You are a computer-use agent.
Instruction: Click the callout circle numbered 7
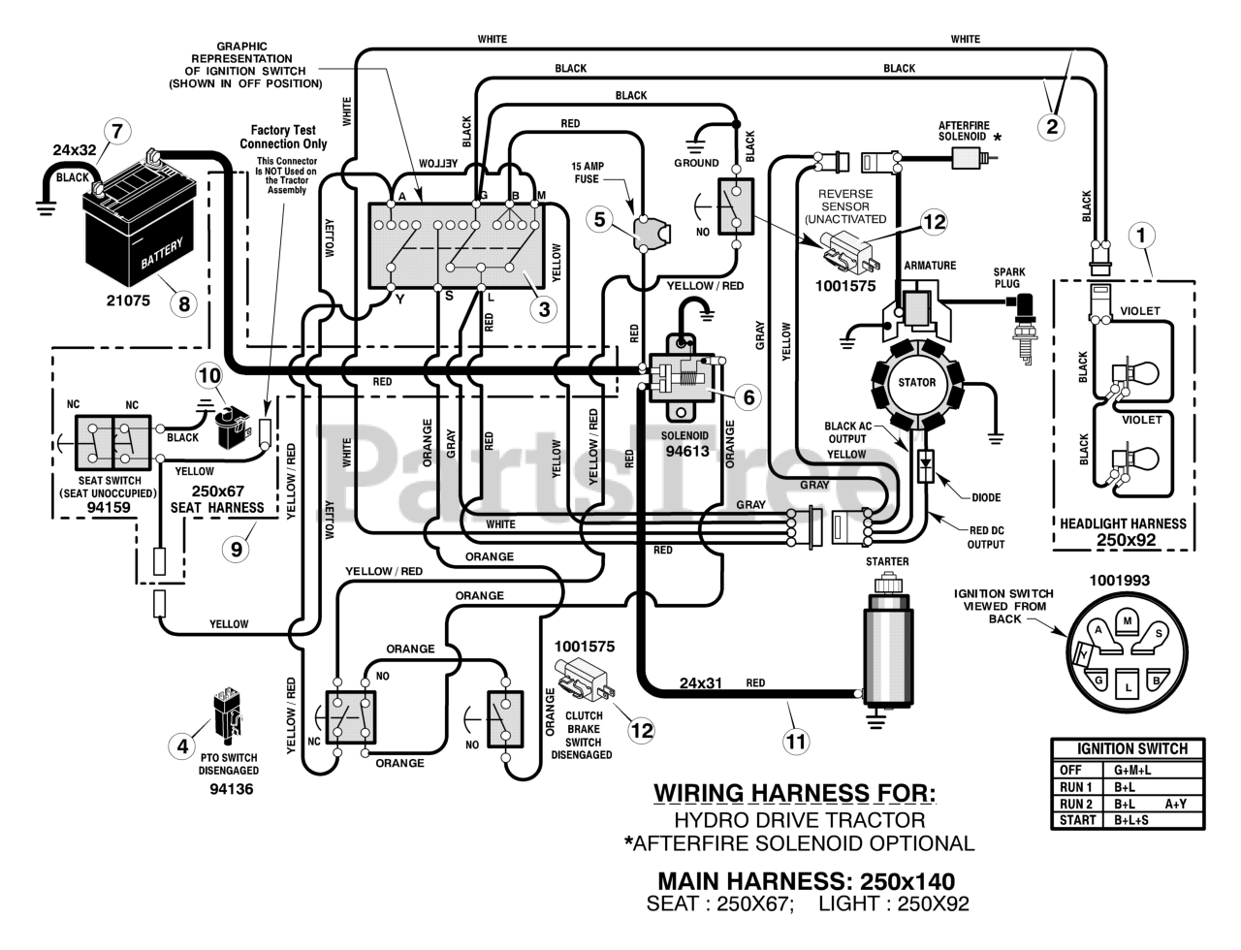[116, 131]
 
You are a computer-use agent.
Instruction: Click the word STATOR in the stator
[916, 382]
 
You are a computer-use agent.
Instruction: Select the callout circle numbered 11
[795, 743]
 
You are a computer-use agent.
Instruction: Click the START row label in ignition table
[1077, 820]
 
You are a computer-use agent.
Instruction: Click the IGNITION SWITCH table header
[1131, 748]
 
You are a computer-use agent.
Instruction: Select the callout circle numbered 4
[181, 746]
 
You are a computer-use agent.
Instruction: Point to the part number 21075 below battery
[128, 301]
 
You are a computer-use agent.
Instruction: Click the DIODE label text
[987, 498]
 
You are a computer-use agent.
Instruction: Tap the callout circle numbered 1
[1141, 235]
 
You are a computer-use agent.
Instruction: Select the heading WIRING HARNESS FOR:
[795, 793]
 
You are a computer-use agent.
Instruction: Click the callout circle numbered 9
[236, 550]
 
